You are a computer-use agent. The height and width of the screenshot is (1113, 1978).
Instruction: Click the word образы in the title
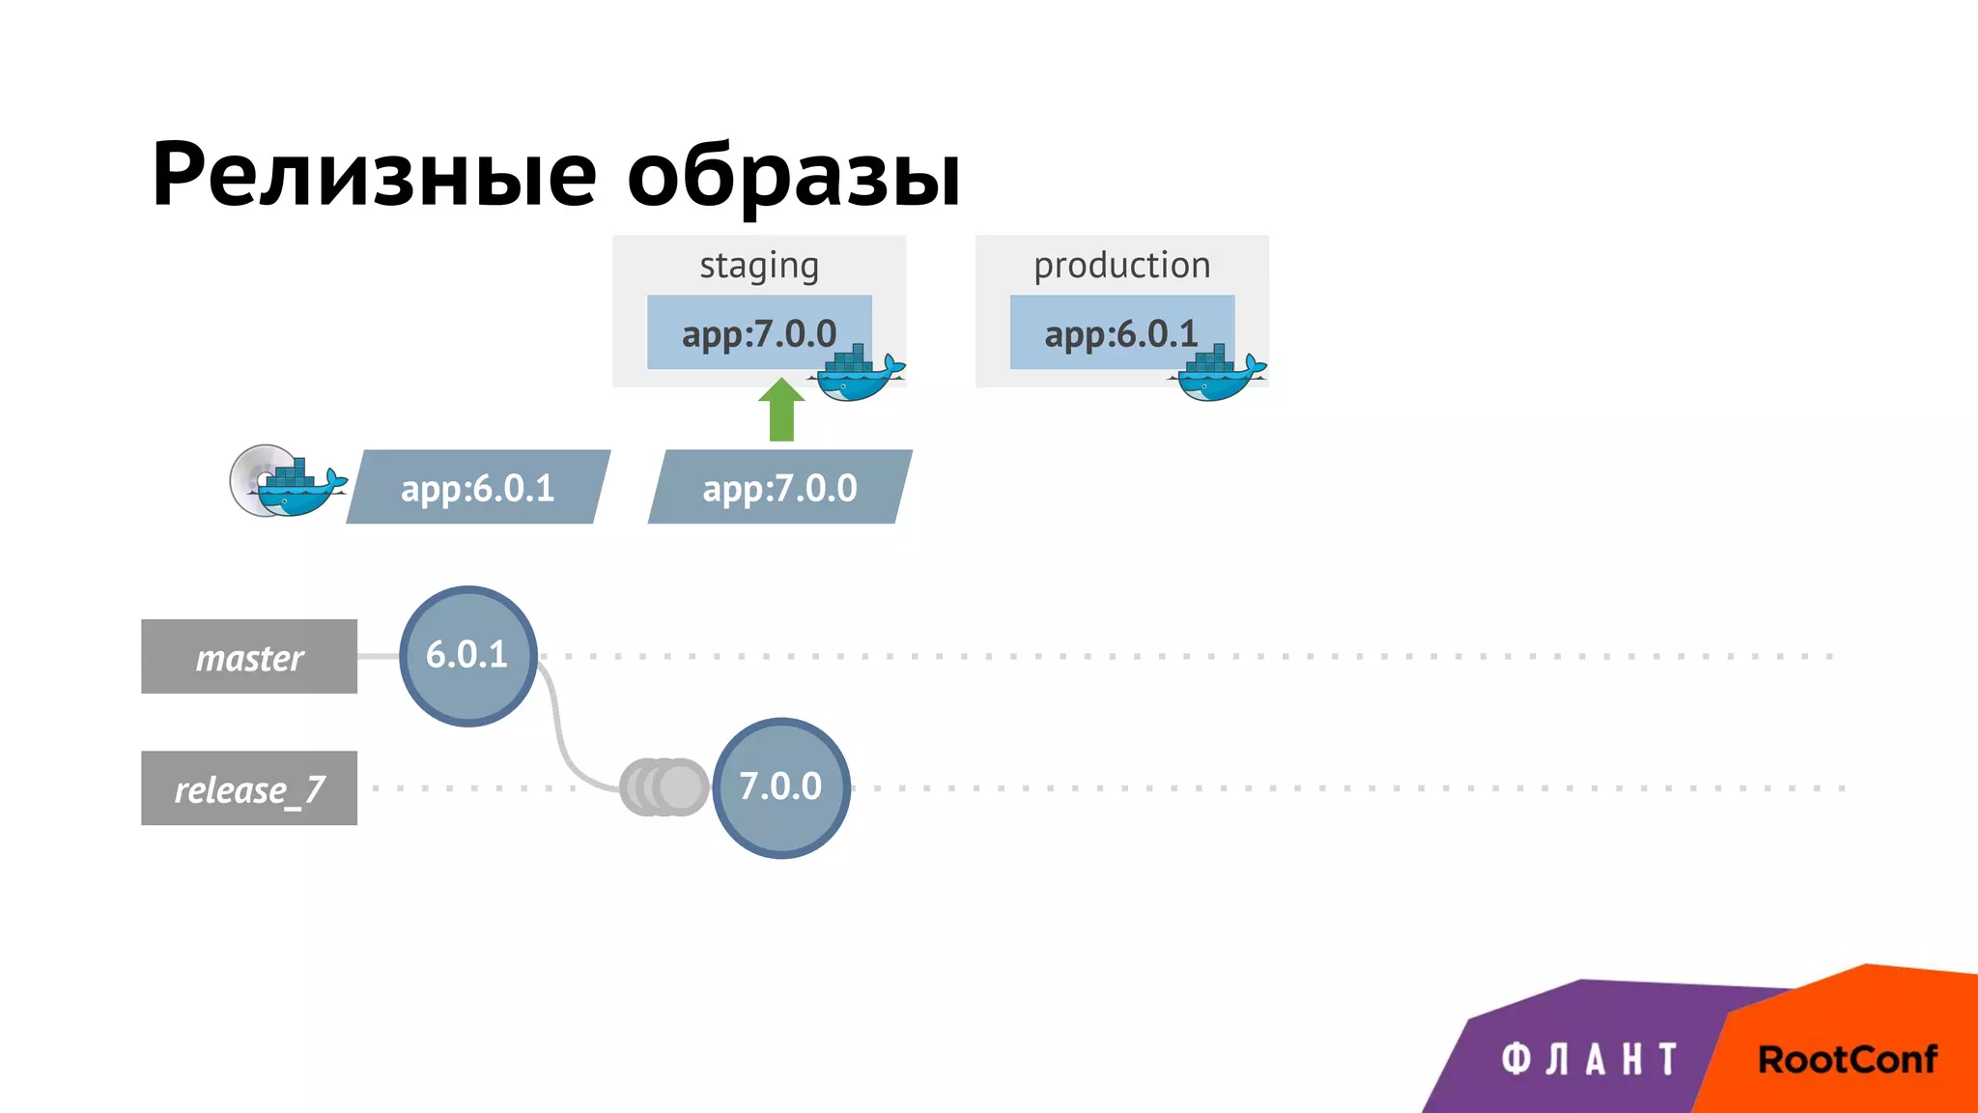(x=794, y=177)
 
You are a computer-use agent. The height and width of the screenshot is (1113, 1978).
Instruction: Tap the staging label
(x=759, y=265)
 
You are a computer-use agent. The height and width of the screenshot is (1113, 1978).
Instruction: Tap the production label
(x=1121, y=265)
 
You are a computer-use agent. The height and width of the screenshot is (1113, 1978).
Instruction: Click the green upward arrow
(x=781, y=410)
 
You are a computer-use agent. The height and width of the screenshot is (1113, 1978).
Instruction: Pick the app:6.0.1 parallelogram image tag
(x=478, y=487)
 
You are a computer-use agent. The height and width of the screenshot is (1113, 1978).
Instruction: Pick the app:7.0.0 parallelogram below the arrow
(x=779, y=487)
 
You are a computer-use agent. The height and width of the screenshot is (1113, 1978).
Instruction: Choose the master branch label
(x=249, y=657)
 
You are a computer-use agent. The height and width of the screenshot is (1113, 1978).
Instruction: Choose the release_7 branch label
(x=249, y=788)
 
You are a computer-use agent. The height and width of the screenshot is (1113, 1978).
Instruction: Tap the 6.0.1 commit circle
(x=467, y=656)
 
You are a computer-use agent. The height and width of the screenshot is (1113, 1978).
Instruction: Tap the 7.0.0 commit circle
(x=780, y=787)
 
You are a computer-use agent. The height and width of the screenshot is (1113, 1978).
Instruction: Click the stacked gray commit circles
(x=664, y=787)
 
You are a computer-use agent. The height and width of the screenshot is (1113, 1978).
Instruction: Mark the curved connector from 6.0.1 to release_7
(x=560, y=734)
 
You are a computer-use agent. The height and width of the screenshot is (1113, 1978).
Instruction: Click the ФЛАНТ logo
(x=1589, y=1059)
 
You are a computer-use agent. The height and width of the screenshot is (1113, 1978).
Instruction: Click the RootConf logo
(x=1847, y=1059)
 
